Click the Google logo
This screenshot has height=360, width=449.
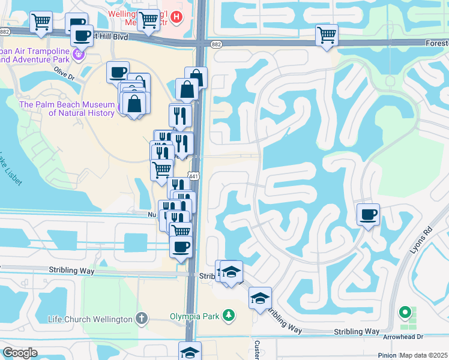20,353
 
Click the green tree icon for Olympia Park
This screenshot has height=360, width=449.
228,314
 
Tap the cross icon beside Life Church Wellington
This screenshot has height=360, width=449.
141,318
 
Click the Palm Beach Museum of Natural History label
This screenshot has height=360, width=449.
67,109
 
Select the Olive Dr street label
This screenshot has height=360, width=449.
64,77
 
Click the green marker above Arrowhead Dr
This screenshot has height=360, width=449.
406,313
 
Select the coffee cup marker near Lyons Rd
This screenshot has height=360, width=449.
368,214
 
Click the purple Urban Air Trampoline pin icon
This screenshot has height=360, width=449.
77,56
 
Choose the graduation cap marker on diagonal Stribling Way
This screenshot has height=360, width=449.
259,298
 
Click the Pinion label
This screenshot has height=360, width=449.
387,355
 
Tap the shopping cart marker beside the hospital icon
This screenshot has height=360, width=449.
148,20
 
